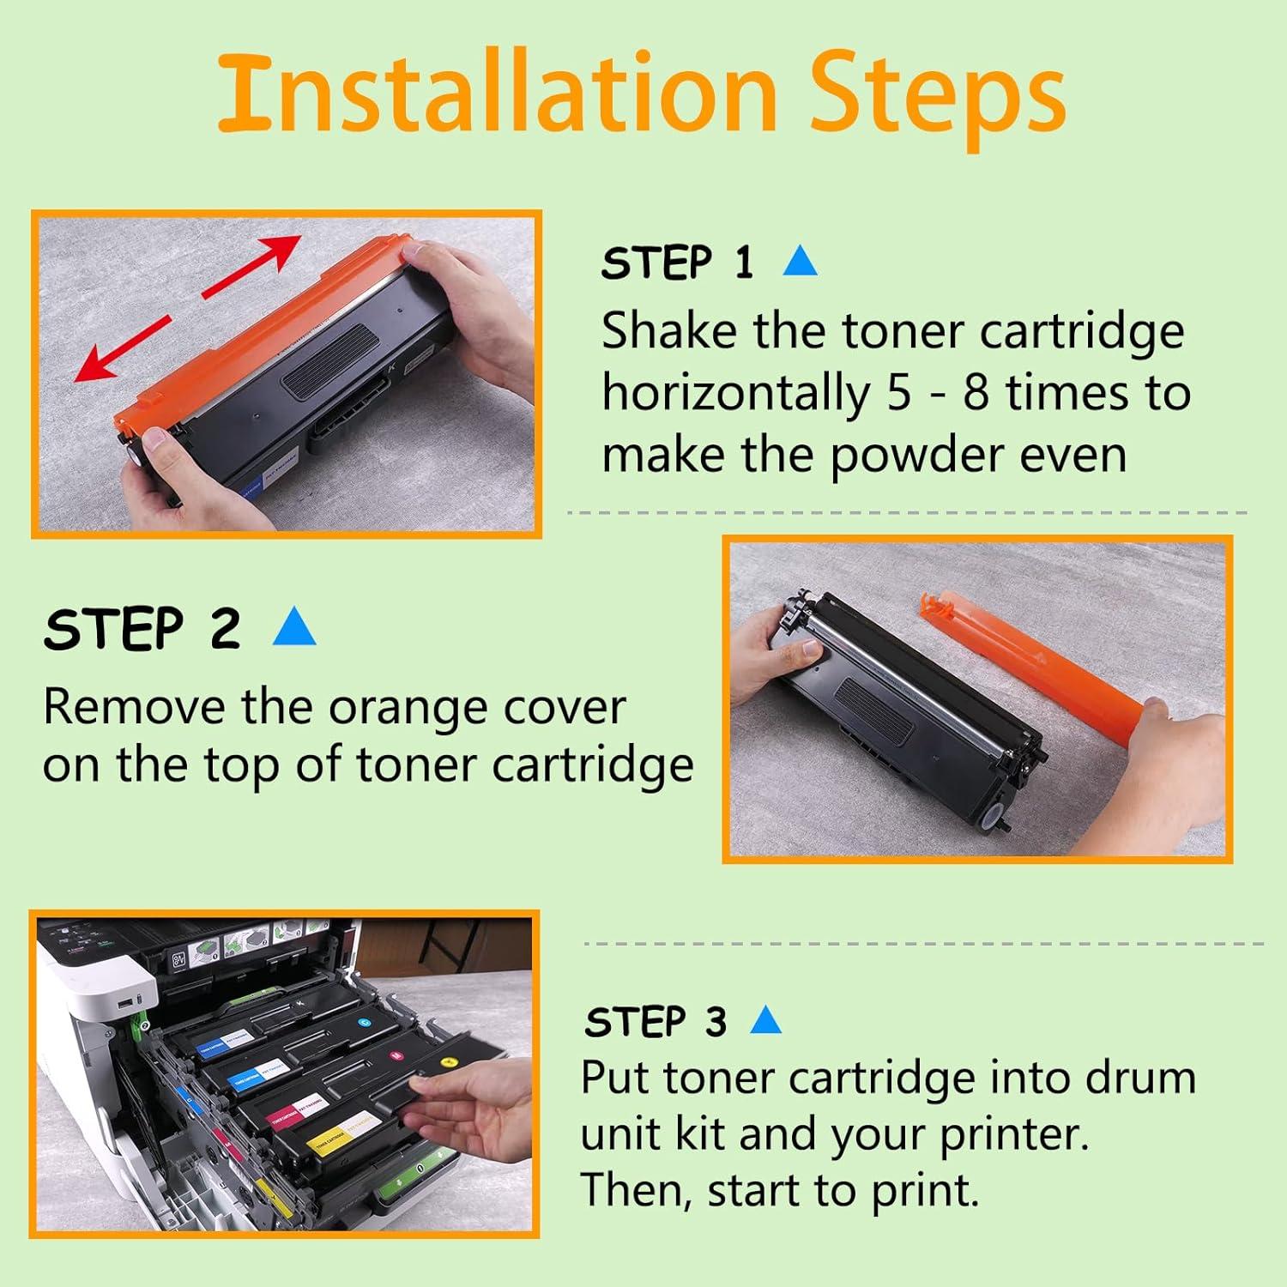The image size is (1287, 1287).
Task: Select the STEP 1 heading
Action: tap(677, 263)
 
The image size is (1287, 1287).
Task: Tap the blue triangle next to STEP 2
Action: tap(294, 628)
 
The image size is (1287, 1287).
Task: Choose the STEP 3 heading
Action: tap(656, 1022)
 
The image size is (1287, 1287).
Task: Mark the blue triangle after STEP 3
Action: tap(765, 1021)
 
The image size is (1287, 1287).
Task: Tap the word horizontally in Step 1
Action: tap(734, 394)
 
